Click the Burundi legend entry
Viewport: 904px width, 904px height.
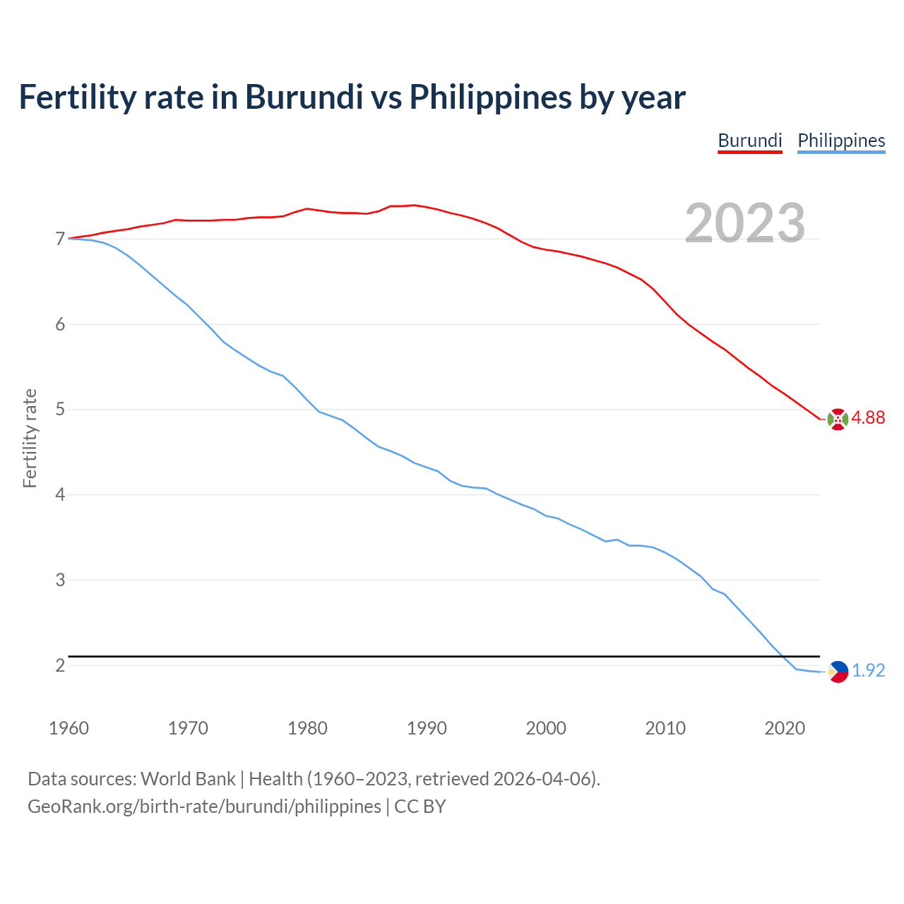click(x=749, y=141)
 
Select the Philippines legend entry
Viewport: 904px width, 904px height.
click(x=841, y=141)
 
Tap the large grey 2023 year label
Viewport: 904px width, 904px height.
click(x=745, y=223)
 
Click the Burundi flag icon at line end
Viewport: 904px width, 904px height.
click(x=837, y=419)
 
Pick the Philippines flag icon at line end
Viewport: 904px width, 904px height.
click(x=838, y=672)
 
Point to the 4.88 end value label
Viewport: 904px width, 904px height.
click(x=868, y=418)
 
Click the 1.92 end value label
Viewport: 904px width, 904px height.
click(x=868, y=671)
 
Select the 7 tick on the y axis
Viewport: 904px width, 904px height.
click(x=60, y=239)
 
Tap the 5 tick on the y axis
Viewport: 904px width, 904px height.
click(x=60, y=410)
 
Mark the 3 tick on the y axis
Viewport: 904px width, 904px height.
click(x=60, y=580)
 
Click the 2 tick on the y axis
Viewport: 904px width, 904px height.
click(x=60, y=665)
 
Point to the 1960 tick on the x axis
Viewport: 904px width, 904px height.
click(x=69, y=728)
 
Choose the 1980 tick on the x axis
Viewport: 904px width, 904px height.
click(x=307, y=728)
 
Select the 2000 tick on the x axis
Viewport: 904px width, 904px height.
click(x=546, y=728)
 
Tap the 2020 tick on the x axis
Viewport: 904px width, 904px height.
click(x=785, y=728)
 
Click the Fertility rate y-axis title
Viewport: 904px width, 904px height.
click(x=30, y=438)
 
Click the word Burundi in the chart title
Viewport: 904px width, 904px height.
click(x=304, y=97)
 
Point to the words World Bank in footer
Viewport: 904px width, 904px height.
click(x=188, y=779)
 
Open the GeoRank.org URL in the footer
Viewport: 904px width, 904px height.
click(x=204, y=807)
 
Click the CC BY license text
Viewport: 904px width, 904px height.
click(x=420, y=807)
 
